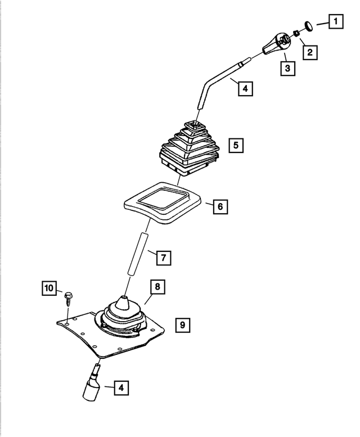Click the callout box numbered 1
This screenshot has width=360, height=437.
click(x=336, y=21)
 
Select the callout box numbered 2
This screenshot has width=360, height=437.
click(x=310, y=52)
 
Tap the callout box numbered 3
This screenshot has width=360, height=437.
click(x=287, y=68)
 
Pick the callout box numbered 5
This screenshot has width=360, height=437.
click(x=236, y=146)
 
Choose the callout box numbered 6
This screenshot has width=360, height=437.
click(x=220, y=207)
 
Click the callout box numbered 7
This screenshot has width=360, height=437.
click(x=163, y=258)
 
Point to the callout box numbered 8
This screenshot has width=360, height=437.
click(x=157, y=287)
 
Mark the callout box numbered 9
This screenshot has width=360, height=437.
click(x=183, y=325)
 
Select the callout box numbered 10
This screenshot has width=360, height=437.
click(x=49, y=288)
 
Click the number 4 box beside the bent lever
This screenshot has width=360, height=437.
click(x=245, y=89)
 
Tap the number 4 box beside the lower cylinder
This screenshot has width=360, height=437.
click(x=121, y=388)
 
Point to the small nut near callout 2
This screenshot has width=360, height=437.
click(x=297, y=33)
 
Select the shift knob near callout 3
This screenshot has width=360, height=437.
click(x=277, y=44)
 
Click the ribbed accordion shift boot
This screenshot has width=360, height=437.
click(x=190, y=148)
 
